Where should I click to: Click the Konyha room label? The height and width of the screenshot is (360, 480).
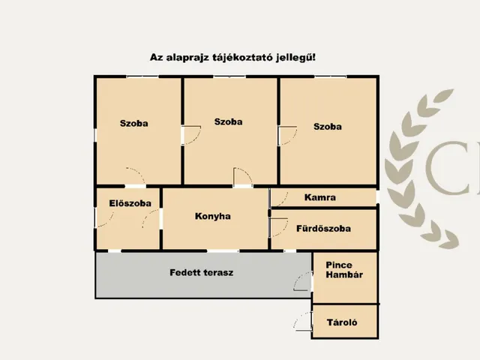pos(213,216)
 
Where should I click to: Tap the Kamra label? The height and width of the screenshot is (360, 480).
pos(320,197)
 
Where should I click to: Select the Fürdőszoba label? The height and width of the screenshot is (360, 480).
pos(323,228)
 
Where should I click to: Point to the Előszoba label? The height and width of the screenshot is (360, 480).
pos(130,203)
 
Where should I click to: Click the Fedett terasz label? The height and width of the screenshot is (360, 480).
pos(202,272)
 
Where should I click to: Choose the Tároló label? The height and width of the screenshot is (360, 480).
pos(342,322)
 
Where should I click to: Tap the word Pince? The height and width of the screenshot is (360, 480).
pos(339,265)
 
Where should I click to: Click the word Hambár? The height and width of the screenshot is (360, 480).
pos(344,274)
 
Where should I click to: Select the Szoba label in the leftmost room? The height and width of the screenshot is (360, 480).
pos(133,123)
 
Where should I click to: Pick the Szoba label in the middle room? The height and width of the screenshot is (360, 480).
pos(228,121)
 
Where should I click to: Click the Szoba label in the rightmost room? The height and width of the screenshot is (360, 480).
pos(328,127)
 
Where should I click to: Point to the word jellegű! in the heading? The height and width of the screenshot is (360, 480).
pos(295,58)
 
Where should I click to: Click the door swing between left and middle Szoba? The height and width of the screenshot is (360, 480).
pos(197,138)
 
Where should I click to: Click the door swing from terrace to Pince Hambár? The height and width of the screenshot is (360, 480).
pos(298,277)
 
